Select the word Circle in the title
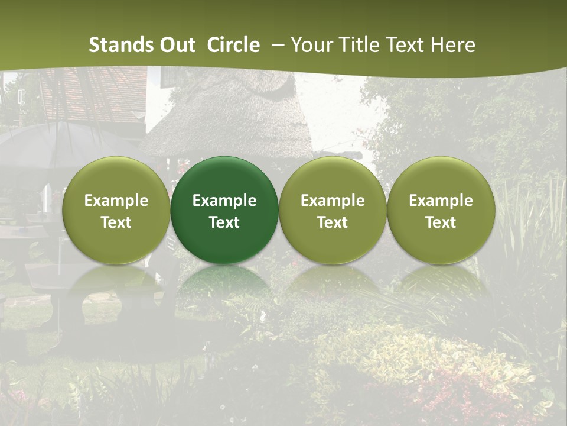(x=233, y=45)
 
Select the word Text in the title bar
(x=403, y=45)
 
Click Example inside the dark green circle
(x=224, y=201)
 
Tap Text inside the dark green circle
(x=224, y=222)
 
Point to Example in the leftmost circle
(x=116, y=201)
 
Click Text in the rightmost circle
(x=441, y=222)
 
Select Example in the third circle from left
(x=333, y=201)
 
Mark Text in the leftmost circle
(x=116, y=222)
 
